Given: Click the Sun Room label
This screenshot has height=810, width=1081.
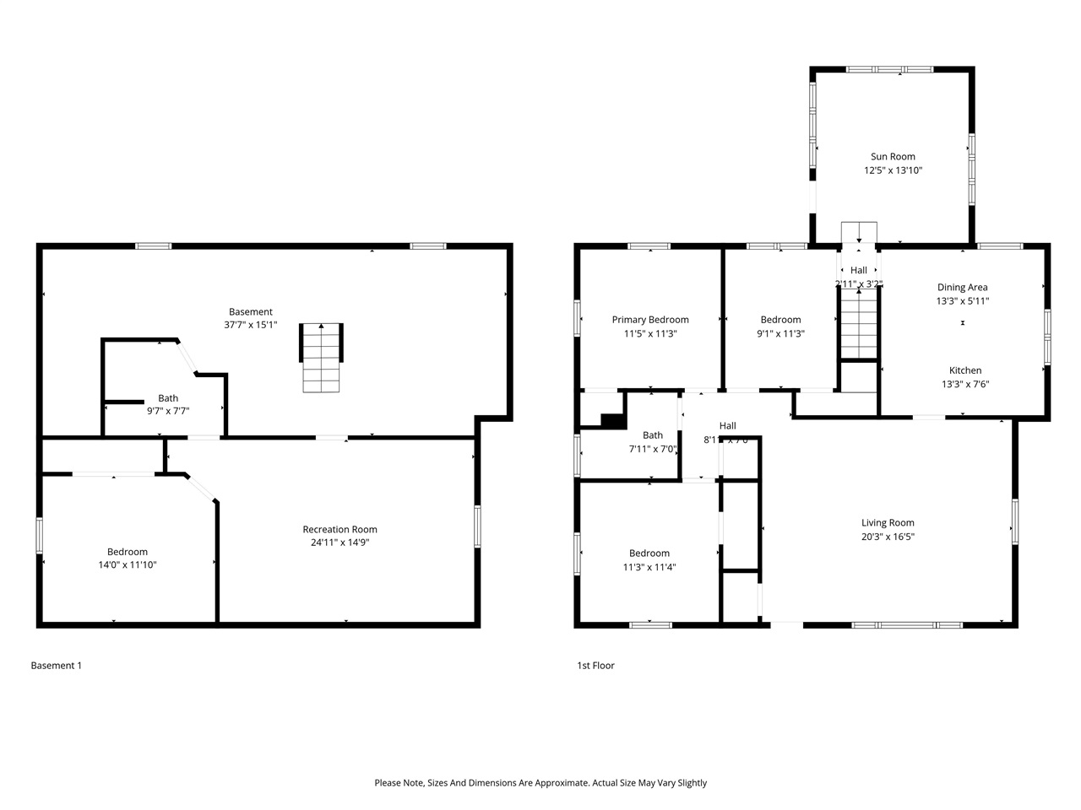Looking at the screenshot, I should point(893,156).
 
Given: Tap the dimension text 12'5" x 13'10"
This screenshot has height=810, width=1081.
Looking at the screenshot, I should point(893,170).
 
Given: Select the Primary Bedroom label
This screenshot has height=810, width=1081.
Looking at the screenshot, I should point(650,320).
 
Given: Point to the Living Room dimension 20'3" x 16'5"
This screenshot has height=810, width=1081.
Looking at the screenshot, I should point(888,537).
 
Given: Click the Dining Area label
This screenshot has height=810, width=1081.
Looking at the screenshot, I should point(962,287).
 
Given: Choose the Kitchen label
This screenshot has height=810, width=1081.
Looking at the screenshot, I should point(965,370).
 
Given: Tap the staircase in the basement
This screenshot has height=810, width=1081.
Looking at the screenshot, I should point(322,358).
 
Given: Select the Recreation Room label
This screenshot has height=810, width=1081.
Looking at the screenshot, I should point(340,529).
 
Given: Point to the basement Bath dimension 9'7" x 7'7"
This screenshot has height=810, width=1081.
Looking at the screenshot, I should point(168,412).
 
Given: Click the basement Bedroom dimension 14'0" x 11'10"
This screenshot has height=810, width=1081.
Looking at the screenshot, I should point(128,565).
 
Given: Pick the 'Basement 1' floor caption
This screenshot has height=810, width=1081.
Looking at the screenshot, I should point(57,666).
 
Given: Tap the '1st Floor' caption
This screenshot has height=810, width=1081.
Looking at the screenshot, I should point(595,666).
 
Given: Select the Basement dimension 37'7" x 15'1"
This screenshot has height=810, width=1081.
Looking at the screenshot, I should point(250,325).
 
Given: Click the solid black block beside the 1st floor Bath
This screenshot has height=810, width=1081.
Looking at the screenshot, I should point(612,420).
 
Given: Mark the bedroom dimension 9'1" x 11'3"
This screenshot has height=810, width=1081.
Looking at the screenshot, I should point(780,333).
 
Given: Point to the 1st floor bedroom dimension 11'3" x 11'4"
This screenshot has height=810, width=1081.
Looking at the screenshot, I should point(649,567).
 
